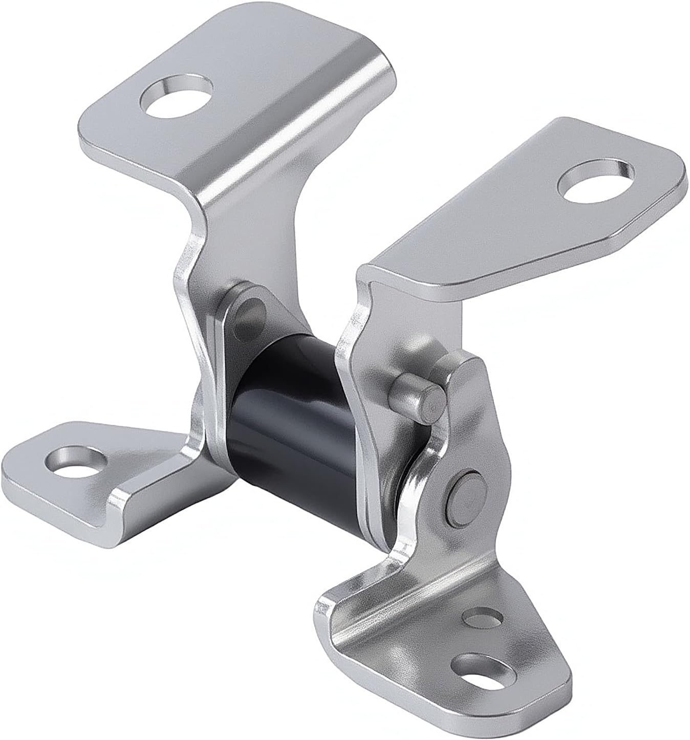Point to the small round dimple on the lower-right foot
click(482, 618)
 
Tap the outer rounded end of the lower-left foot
click(15, 468)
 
